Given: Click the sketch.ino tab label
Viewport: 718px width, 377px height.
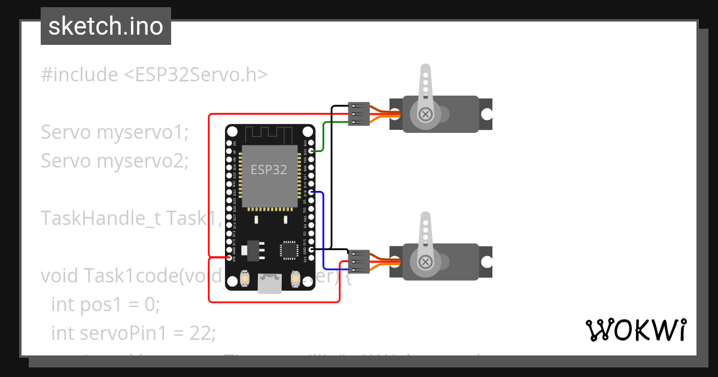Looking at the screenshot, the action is (x=105, y=26).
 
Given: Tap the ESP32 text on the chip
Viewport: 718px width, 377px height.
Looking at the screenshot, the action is (x=269, y=169).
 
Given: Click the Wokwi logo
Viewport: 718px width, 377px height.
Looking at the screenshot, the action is (x=635, y=330).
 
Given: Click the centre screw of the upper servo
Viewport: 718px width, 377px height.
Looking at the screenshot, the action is (x=425, y=114).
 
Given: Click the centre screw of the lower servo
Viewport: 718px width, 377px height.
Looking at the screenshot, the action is (x=425, y=262).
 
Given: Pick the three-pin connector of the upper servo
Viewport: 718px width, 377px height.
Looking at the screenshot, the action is (x=359, y=114).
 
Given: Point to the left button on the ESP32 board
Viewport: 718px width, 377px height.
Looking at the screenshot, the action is (x=244, y=278).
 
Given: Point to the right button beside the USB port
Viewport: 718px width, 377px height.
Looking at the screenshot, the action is (x=296, y=278).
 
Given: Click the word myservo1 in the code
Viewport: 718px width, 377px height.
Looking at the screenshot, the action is (x=142, y=132).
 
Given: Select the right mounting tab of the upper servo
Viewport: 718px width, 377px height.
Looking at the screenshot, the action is (x=488, y=114).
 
